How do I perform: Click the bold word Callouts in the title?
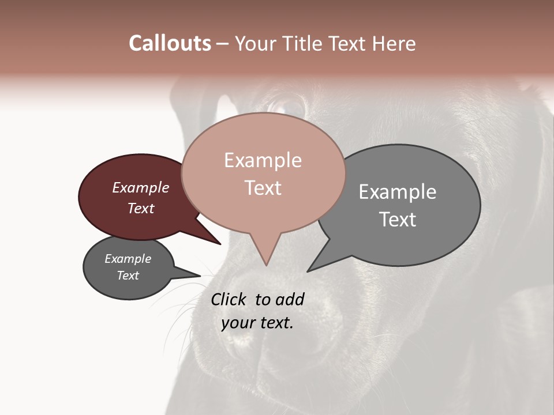(x=170, y=43)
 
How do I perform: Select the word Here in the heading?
(x=395, y=43)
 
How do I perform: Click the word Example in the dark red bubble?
(x=141, y=187)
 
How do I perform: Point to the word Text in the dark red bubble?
(x=141, y=208)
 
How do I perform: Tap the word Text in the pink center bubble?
(x=263, y=187)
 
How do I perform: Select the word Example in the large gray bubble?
(x=398, y=191)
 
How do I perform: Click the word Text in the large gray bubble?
(x=398, y=219)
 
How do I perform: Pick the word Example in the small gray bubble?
(x=128, y=259)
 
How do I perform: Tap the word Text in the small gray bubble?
(x=128, y=276)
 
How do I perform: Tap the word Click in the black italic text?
(x=229, y=299)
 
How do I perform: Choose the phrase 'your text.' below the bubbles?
(x=257, y=323)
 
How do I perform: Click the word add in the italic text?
(x=289, y=299)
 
